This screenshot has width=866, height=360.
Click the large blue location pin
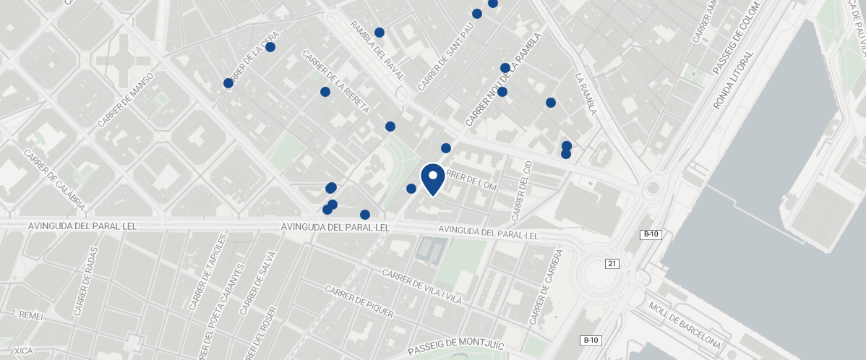[432, 179]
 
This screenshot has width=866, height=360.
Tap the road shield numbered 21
[613, 264]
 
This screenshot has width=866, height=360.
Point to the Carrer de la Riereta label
[335, 82]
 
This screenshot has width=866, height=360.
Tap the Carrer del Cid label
[522, 191]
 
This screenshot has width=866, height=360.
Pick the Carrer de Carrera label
[546, 288]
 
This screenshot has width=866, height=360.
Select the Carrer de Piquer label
[359, 301]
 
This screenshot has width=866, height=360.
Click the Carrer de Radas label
[84, 288]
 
